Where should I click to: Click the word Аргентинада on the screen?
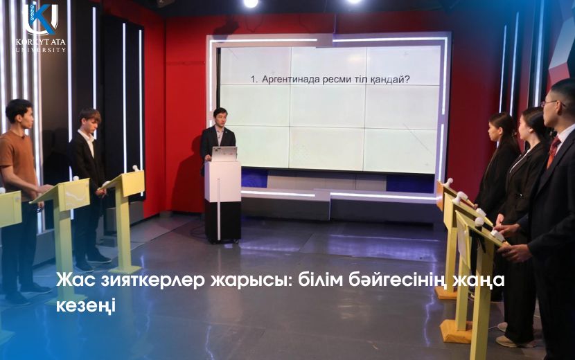tap(291, 80)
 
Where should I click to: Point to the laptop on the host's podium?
tap(224, 154)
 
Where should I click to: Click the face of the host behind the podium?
tap(220, 117)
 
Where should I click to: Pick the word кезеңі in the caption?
tap(86, 305)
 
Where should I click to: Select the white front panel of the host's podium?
tap(222, 181)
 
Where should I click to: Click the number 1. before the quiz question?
tap(254, 80)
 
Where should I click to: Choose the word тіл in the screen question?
tap(359, 79)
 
